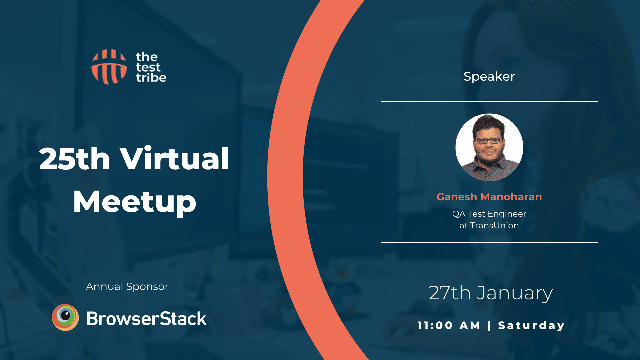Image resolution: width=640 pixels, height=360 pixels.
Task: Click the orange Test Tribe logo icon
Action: click(109, 67)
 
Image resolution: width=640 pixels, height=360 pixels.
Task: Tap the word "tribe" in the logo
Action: click(151, 78)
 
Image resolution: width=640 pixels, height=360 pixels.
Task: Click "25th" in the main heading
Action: click(74, 159)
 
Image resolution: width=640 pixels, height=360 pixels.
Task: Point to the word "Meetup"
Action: click(134, 202)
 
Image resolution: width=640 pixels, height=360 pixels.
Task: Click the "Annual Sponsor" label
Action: click(127, 287)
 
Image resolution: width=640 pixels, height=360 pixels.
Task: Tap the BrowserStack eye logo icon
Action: click(65, 317)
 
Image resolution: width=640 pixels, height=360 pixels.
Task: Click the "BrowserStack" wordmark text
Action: click(146, 319)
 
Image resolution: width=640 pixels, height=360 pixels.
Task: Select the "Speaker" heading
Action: click(489, 77)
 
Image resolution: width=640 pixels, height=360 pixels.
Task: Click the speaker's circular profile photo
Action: click(489, 147)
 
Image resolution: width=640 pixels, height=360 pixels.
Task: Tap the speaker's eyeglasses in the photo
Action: click(489, 140)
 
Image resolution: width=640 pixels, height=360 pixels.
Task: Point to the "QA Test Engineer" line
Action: click(489, 214)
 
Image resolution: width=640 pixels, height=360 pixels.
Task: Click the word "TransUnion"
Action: click(494, 226)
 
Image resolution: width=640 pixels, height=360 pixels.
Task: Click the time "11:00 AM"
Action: click(449, 325)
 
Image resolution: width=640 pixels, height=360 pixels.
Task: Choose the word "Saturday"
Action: click(531, 325)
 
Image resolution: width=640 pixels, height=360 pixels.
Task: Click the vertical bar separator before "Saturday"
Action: click(489, 325)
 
